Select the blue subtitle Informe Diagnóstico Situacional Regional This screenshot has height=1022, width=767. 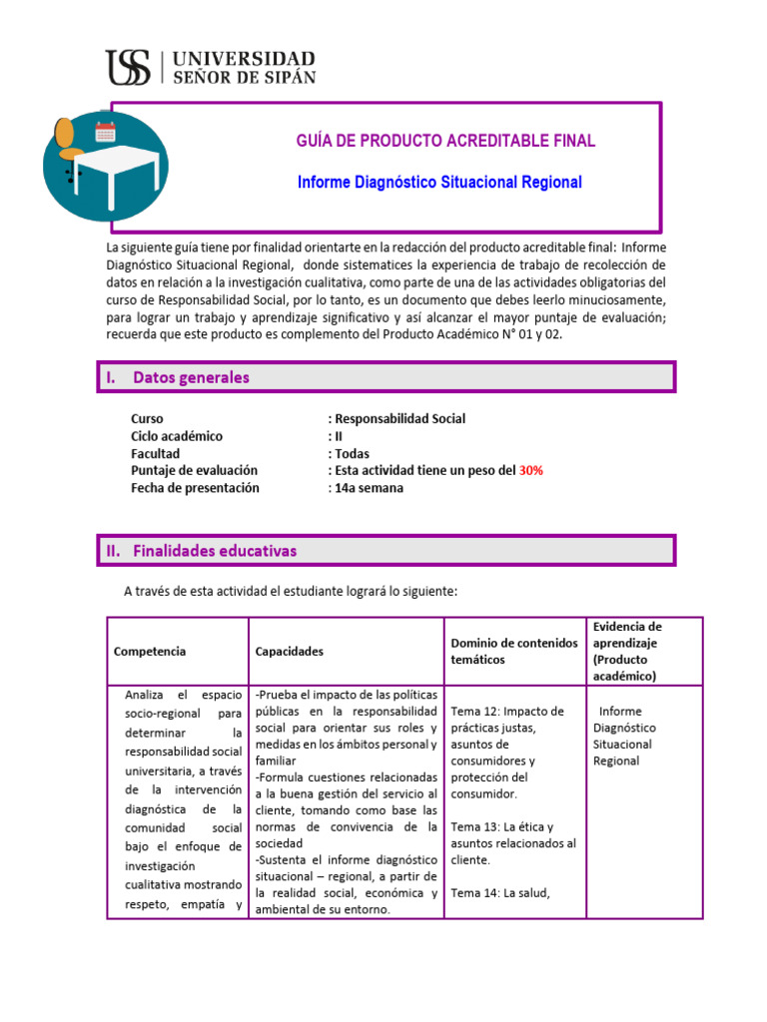point(440,183)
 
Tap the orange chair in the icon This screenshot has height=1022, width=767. point(67,141)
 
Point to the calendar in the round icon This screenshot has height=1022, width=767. point(105,131)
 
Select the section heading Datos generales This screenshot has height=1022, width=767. point(191,377)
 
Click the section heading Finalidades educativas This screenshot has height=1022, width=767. point(214,551)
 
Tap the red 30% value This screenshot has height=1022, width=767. point(529,471)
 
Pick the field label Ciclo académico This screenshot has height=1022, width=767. point(177,436)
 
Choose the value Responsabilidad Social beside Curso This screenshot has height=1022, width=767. point(399,419)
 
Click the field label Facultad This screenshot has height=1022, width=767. point(155,453)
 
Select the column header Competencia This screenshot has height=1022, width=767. point(150,651)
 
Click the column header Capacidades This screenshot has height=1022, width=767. point(290,651)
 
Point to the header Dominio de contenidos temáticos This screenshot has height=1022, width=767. point(513,651)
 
